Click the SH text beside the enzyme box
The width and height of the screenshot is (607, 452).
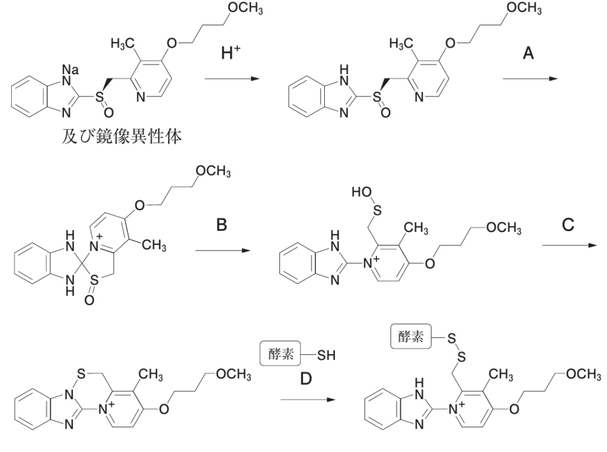coord(325,356)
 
